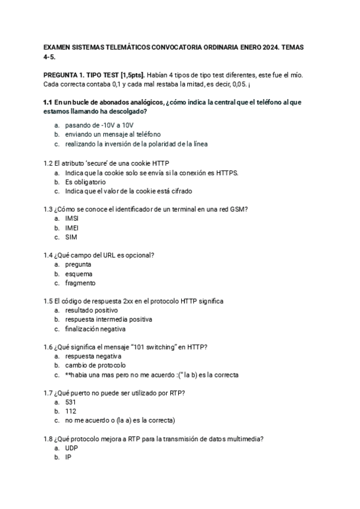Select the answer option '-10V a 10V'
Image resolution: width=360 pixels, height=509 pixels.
click(91, 125)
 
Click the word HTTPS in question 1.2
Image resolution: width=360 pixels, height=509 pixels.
click(226, 173)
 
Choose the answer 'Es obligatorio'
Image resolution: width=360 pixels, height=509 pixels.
click(85, 182)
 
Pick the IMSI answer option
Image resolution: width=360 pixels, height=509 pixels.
click(72, 218)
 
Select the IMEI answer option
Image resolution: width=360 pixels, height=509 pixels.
click(72, 228)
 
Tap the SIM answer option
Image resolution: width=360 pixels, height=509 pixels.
click(71, 237)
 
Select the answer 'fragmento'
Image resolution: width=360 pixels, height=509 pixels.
click(80, 283)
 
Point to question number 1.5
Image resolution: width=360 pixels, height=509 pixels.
click(48, 301)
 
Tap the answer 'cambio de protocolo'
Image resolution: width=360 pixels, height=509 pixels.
click(95, 366)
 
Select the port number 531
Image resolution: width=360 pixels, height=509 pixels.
click(71, 402)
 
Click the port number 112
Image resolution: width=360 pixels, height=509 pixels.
click(71, 411)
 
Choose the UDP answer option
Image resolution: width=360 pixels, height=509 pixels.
click(71, 448)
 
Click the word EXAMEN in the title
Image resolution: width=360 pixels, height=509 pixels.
click(58, 46)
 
